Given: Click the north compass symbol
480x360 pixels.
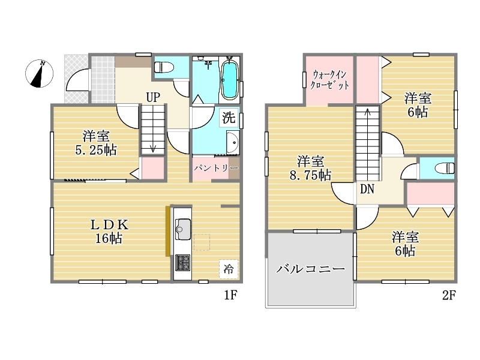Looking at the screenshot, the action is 39,73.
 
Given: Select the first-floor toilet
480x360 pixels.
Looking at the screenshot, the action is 164,67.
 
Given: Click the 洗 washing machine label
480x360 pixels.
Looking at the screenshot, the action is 229,118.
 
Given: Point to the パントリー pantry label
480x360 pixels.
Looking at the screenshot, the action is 216,168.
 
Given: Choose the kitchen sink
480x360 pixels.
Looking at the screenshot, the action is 183,229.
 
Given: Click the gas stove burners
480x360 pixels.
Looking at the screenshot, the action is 183,263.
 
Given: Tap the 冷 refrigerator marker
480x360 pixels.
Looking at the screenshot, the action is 229,269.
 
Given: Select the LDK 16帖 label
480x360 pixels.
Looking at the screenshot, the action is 109,232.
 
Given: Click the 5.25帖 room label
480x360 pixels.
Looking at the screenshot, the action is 96,143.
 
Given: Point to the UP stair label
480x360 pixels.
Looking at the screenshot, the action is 153,97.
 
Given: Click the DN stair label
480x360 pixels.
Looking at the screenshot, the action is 367,189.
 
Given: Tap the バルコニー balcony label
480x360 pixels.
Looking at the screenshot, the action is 311,269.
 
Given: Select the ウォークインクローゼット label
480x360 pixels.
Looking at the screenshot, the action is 329,80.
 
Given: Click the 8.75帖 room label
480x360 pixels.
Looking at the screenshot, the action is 310,168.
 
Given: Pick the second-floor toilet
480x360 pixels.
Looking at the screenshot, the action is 445,168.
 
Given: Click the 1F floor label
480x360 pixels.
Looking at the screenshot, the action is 230,295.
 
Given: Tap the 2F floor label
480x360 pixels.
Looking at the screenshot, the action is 449,295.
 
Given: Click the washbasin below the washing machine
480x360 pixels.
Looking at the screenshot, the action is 233,143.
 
